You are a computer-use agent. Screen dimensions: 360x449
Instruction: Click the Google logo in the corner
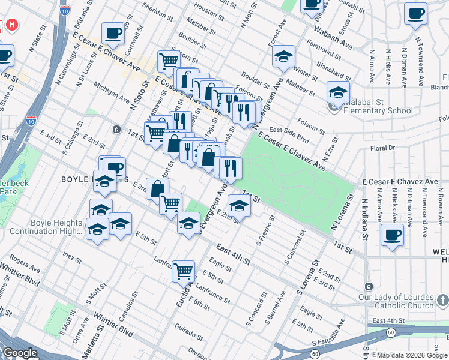coord(20,353)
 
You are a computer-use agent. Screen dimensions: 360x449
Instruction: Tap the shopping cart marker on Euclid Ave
coord(183,271)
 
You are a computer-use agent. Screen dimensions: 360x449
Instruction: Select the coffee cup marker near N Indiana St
coord(393,234)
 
